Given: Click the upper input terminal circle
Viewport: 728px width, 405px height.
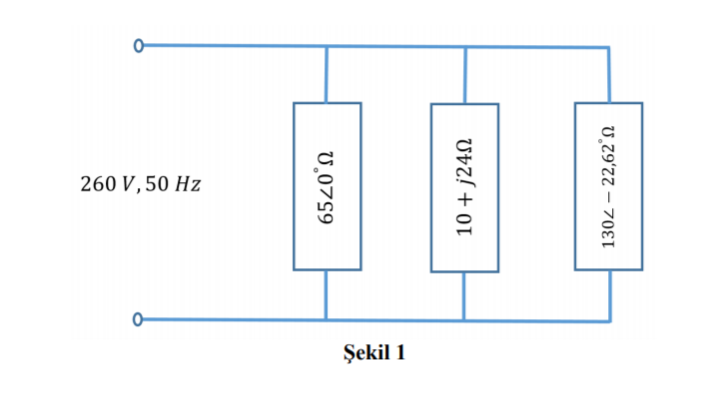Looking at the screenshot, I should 139,46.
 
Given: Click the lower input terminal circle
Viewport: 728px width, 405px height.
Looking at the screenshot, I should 139,320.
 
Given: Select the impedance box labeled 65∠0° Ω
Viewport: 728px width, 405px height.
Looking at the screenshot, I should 327,186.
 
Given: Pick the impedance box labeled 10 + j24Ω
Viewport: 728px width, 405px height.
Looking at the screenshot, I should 464,187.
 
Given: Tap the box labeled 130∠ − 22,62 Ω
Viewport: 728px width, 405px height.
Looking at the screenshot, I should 608,186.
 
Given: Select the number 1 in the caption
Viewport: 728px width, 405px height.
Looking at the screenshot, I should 399,354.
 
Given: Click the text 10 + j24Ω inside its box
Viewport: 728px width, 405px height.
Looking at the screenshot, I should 464,187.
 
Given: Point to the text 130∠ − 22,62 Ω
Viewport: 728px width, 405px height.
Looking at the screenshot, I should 608,186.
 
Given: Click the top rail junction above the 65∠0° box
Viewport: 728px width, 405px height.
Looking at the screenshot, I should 327,47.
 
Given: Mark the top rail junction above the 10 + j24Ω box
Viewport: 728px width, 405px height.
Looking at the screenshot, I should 465,47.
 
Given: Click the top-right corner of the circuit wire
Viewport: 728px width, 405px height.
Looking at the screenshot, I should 608,47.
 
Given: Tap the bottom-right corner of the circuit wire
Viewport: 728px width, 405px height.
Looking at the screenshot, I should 608,320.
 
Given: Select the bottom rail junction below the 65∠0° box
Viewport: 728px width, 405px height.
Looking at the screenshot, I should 327,320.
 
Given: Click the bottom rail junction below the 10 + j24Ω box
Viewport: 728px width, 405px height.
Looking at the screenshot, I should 464,320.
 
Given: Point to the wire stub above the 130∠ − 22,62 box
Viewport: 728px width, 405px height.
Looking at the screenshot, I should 608,75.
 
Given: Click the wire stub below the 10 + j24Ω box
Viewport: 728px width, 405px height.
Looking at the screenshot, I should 464,296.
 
